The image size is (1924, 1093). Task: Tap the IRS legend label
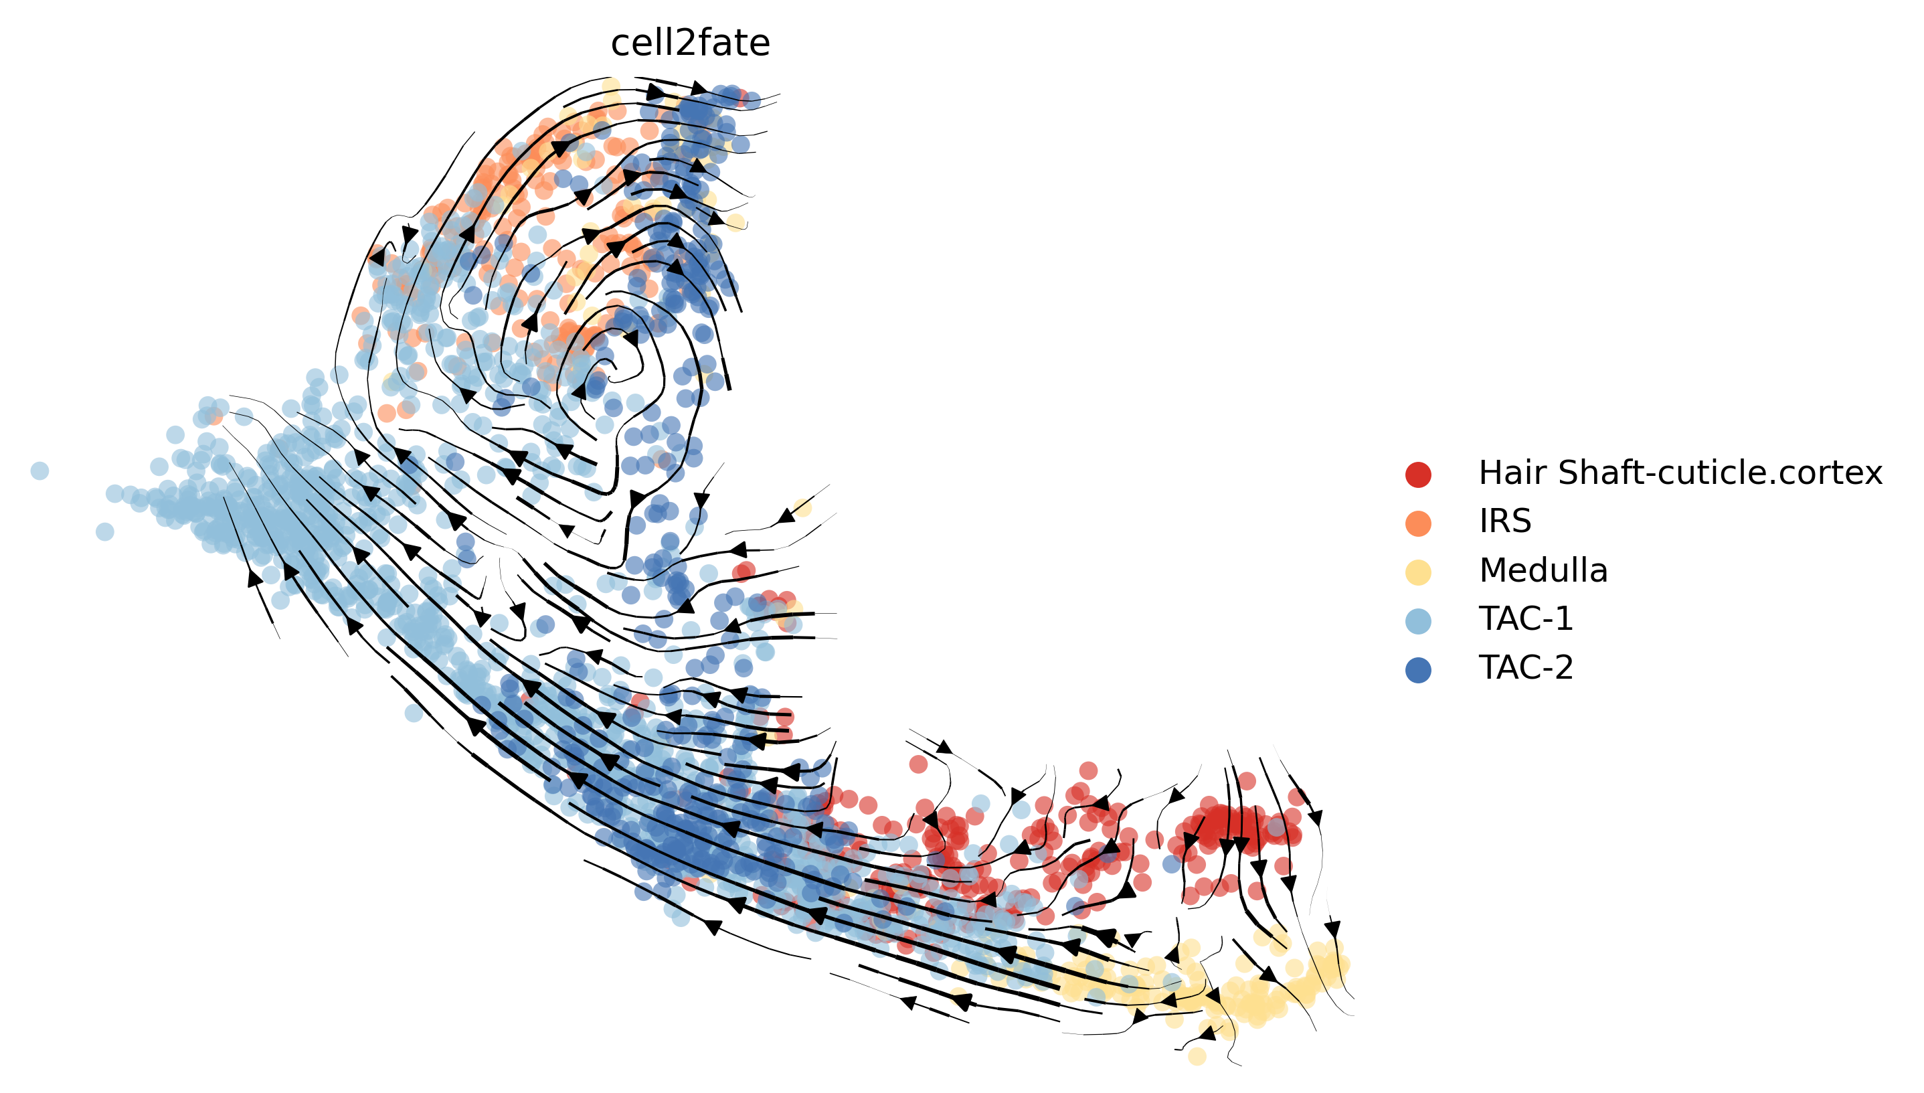tap(1504, 521)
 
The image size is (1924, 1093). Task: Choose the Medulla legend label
tap(1543, 570)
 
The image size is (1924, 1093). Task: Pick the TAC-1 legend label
tap(1526, 618)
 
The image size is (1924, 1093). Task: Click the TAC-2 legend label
tap(1526, 667)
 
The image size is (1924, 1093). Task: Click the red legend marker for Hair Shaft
tap(1417, 475)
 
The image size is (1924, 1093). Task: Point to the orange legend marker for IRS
tap(1417, 523)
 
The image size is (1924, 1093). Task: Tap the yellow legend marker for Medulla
tap(1417, 572)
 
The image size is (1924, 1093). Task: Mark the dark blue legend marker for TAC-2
tap(1417, 669)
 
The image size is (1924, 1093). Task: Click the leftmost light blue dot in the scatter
tap(39, 471)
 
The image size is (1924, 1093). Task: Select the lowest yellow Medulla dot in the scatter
tap(1197, 1056)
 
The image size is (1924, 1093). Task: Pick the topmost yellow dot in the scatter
tap(612, 86)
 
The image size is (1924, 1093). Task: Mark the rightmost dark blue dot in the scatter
tap(1171, 864)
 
